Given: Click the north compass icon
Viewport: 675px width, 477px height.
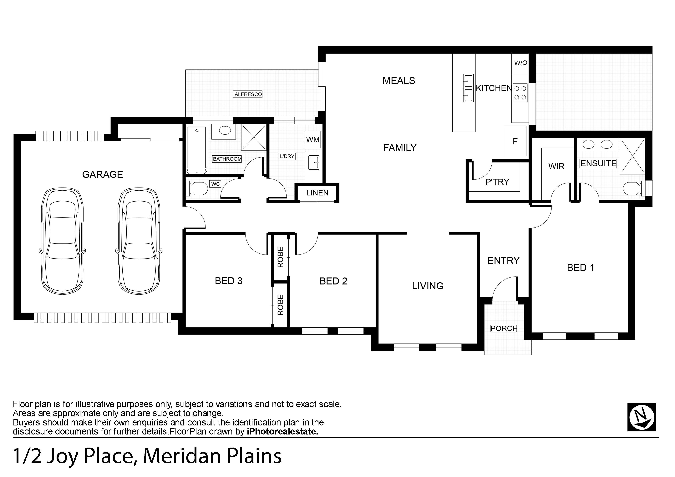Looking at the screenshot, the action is point(642,417).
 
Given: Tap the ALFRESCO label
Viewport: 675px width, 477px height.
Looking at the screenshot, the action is point(248,94).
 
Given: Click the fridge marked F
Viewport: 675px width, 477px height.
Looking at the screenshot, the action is point(515,141).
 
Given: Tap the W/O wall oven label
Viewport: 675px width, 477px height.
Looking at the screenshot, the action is point(521,63).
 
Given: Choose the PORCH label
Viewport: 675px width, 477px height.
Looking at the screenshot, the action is point(504,328).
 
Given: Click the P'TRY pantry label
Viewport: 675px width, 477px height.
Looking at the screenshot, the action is point(497,182).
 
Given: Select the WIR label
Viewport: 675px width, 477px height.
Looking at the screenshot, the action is point(556,166).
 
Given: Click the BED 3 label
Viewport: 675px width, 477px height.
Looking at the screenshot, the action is point(229,281).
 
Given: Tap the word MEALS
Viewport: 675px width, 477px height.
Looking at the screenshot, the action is point(399,81).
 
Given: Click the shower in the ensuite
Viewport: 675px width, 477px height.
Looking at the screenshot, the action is point(632,156).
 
